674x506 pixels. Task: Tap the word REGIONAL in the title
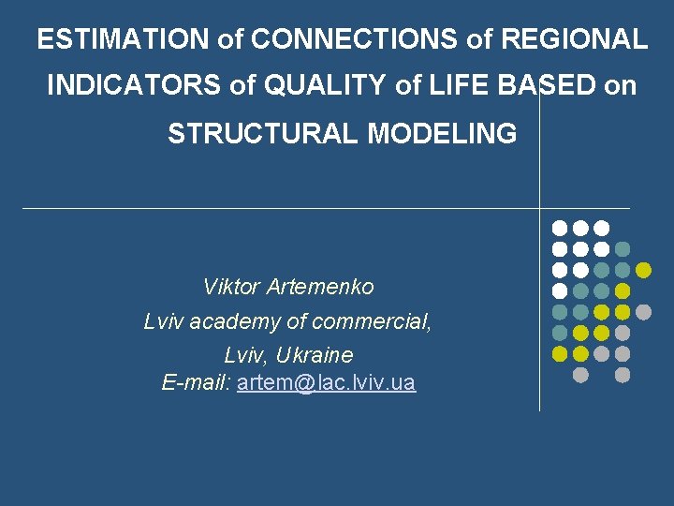[574, 39]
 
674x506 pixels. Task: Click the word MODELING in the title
[442, 134]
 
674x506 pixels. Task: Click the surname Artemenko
[320, 287]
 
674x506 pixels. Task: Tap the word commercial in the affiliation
[373, 322]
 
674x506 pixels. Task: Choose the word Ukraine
[315, 356]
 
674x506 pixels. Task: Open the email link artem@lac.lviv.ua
[327, 383]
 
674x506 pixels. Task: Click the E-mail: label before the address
[197, 383]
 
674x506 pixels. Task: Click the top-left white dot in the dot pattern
[559, 228]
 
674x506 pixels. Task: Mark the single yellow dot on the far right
[643, 270]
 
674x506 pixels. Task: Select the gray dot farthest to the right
[643, 312]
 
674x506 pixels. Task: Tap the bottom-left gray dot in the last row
[580, 375]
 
